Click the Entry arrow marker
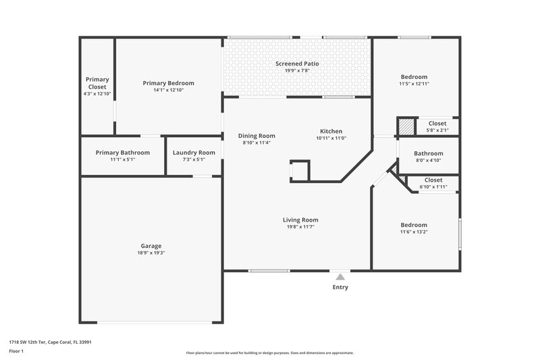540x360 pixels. [x=341, y=276]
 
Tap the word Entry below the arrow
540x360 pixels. [x=341, y=287]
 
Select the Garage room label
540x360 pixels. [x=151, y=246]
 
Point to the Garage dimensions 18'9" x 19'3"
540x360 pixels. [x=151, y=253]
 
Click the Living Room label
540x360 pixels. [x=300, y=220]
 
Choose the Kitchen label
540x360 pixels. [x=331, y=131]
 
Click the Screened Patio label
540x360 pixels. [x=297, y=63]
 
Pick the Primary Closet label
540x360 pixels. [x=97, y=83]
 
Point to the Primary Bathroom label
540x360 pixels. [x=122, y=153]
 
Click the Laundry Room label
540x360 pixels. [x=194, y=153]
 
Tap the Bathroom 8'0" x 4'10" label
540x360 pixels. [x=428, y=153]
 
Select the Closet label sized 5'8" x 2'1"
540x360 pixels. [x=437, y=124]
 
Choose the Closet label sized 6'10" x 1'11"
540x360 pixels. [x=433, y=180]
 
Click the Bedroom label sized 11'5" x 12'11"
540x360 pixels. [x=414, y=77]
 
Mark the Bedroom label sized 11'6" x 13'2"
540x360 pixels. [x=414, y=225]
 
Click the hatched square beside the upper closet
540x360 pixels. [x=405, y=126]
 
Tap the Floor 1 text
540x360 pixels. [x=16, y=352]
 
